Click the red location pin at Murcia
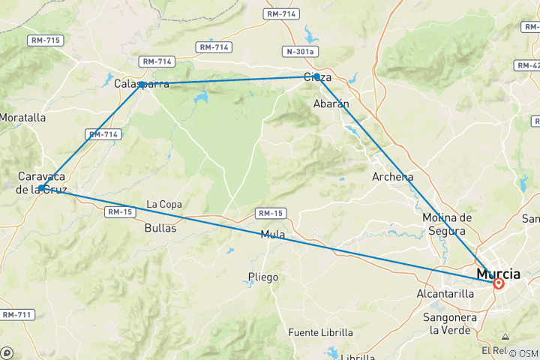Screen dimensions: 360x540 [x=498, y=283]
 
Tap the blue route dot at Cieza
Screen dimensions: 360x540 [x=317, y=77]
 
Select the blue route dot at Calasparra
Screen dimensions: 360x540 [x=141, y=85]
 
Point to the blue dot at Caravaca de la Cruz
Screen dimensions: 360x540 [x=43, y=188]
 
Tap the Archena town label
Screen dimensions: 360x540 [x=393, y=177]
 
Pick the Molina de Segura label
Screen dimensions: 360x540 [x=447, y=223]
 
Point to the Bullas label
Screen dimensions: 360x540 [x=161, y=228]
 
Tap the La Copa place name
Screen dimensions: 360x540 [x=163, y=204]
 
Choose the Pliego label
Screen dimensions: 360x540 [x=262, y=277]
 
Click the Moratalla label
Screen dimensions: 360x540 [x=22, y=118]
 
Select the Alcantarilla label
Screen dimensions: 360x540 [x=445, y=294]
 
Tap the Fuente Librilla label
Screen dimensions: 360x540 [x=320, y=332]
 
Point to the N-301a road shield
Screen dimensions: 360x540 [x=299, y=52]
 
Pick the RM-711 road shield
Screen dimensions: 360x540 [x=16, y=314]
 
